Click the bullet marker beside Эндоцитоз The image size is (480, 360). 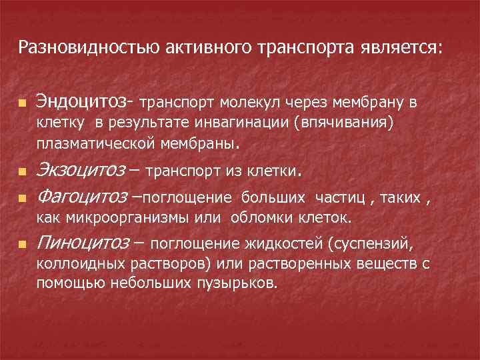[x=23, y=104]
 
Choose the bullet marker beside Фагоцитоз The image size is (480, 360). [x=23, y=199]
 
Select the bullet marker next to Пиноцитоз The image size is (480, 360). [x=23, y=245]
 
